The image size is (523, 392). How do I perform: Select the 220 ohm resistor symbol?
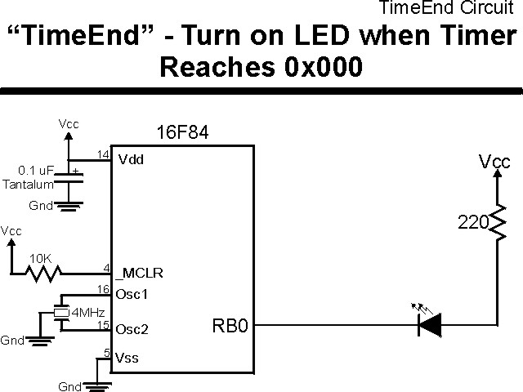(496, 221)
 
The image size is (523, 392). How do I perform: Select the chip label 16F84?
(181, 132)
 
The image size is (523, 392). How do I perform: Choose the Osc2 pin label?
(133, 331)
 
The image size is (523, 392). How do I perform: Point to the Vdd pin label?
(131, 159)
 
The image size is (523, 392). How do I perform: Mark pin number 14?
(103, 154)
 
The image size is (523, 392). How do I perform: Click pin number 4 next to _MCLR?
(106, 267)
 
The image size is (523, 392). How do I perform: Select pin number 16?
(103, 288)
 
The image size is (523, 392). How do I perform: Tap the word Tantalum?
(27, 185)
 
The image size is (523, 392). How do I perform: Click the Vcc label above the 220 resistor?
(494, 163)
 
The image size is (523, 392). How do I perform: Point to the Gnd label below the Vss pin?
(71, 385)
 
